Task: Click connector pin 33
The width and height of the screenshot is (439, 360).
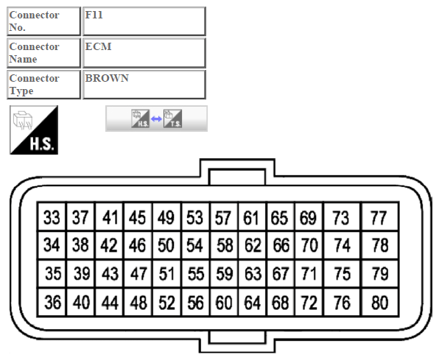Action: point(52,217)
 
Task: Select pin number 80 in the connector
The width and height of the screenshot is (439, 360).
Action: point(380,303)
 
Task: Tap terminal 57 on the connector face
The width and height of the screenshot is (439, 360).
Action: point(224,217)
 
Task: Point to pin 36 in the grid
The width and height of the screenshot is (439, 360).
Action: point(52,303)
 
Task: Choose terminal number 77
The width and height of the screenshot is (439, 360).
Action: point(380,217)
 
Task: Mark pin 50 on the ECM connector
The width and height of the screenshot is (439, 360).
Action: point(166,245)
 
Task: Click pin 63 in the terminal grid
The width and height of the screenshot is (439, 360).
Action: point(253,274)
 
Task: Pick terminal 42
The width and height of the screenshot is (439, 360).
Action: point(109,245)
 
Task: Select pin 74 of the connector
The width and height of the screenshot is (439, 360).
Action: point(342,245)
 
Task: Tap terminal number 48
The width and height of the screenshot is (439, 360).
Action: point(138,303)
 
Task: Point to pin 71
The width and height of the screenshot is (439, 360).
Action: point(309,274)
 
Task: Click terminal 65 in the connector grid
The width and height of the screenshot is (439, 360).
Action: point(281,217)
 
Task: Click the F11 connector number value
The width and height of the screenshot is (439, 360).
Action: point(94,15)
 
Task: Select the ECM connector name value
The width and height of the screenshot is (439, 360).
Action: point(98,46)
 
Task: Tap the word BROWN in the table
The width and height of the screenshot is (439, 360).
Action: point(107,78)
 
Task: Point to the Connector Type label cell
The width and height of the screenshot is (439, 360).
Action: point(43,85)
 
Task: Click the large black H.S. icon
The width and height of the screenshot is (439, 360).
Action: point(34,130)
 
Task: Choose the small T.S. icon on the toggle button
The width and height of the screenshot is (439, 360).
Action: point(173,119)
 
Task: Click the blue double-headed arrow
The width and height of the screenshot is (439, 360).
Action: point(156,119)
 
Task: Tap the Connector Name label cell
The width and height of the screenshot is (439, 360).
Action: point(43,53)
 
